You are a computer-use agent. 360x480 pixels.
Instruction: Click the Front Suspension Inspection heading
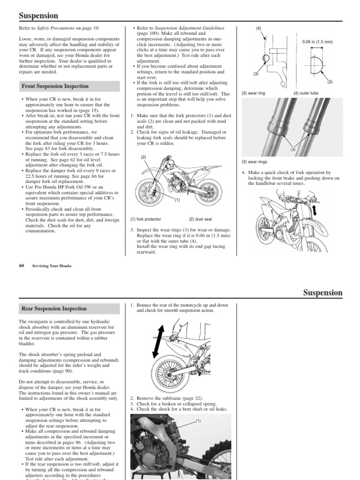point(55,86)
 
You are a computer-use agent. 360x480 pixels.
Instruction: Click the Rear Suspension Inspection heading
point(54,308)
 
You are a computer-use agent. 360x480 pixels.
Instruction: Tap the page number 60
point(21,265)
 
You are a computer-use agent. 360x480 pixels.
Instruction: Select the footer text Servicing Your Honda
point(52,265)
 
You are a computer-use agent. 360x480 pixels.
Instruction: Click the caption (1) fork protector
point(146,219)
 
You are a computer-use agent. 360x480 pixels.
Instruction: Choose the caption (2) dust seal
point(201,219)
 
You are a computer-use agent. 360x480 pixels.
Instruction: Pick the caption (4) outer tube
point(306,93)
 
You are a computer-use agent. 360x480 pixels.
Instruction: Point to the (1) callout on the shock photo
point(198,421)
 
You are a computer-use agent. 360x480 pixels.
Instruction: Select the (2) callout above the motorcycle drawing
point(144,157)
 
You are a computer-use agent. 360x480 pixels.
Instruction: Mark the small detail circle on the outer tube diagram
point(266,58)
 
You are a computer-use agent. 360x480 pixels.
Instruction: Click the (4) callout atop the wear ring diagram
point(258,28)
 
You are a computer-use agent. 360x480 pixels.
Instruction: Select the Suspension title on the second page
point(322,293)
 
